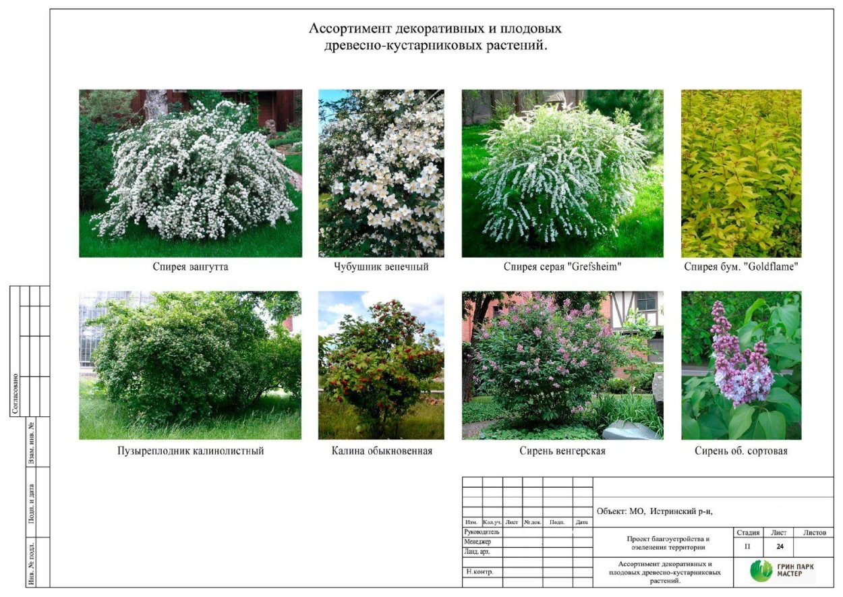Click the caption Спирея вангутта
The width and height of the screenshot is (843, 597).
pyautogui.click(x=190, y=267)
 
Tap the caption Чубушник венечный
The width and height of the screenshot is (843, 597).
pyautogui.click(x=381, y=267)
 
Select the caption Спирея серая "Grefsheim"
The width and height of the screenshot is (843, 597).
pyautogui.click(x=562, y=267)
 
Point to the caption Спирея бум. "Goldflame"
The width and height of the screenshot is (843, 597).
pyautogui.click(x=741, y=267)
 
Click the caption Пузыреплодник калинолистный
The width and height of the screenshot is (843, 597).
pyautogui.click(x=190, y=451)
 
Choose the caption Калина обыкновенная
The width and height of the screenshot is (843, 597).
pyautogui.click(x=382, y=451)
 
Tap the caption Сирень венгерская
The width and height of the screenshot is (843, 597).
pyautogui.click(x=562, y=451)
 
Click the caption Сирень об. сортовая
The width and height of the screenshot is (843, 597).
pyautogui.click(x=741, y=451)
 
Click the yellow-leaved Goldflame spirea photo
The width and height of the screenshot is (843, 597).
pyautogui.click(x=741, y=173)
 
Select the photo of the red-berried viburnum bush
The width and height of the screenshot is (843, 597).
pyautogui.click(x=381, y=366)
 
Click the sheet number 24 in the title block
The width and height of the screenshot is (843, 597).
pyautogui.click(x=780, y=546)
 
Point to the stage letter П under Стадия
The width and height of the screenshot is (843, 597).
pyautogui.click(x=747, y=546)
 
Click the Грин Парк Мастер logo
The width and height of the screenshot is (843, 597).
pyautogui.click(x=782, y=571)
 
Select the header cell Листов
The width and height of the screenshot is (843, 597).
pyautogui.click(x=815, y=533)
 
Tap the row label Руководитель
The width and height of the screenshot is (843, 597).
pyautogui.click(x=482, y=532)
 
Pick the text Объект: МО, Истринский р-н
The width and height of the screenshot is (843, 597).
pyautogui.click(x=654, y=511)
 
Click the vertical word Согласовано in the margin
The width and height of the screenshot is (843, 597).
pyautogui.click(x=15, y=395)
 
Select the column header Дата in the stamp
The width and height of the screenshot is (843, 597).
pyautogui.click(x=582, y=522)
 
